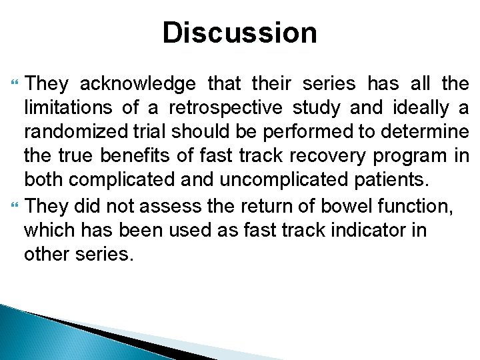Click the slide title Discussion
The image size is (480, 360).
pyautogui.click(x=239, y=32)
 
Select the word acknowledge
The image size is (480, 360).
pyautogui.click(x=138, y=84)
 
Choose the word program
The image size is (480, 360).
pyautogui.click(x=408, y=156)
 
